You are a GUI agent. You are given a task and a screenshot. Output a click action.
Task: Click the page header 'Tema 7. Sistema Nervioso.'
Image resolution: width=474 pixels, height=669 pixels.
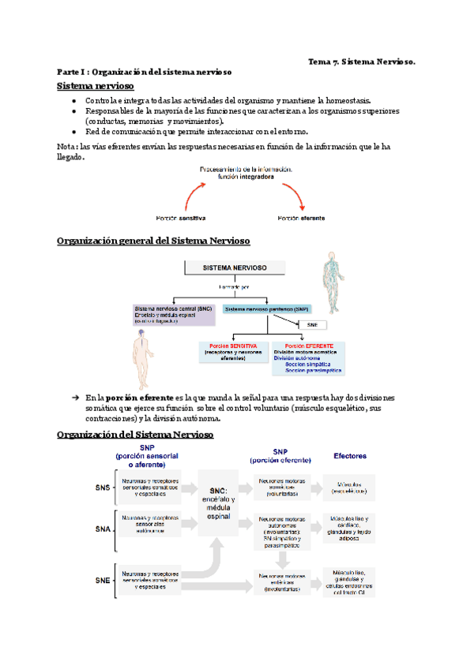coord(362,60)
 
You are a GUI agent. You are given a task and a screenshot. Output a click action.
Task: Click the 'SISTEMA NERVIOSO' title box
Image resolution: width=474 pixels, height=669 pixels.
coord(235,267)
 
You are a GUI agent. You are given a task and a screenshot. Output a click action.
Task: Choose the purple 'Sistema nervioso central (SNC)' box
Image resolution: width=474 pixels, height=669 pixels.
coord(173,315)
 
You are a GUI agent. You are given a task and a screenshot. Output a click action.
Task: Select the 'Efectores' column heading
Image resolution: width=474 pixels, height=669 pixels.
coord(350,455)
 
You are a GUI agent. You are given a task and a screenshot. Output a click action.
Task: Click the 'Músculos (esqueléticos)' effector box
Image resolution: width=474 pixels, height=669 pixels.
coord(351,487)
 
